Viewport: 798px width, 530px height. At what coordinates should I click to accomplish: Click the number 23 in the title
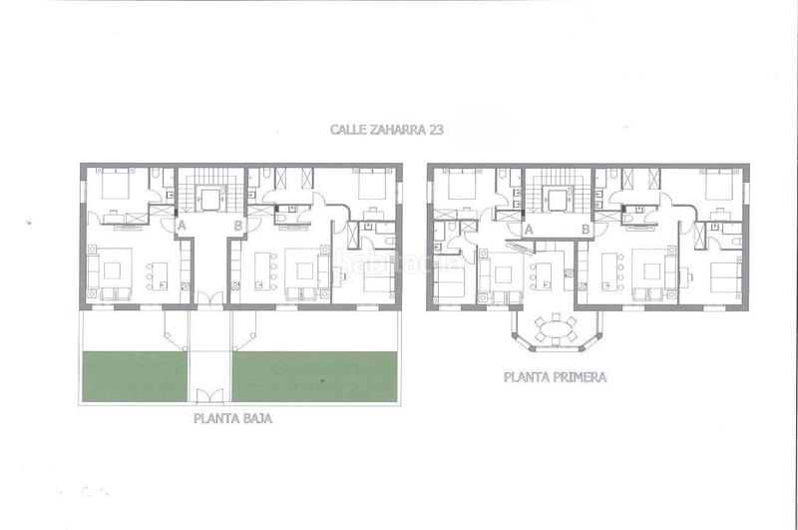434,129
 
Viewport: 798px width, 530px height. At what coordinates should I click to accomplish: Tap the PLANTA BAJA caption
233,419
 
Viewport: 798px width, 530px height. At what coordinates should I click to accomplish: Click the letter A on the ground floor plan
182,227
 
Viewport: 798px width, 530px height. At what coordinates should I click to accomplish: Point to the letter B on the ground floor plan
237,227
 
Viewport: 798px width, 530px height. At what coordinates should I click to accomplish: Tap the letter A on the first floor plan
528,229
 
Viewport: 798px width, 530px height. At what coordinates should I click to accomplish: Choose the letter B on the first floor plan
586,229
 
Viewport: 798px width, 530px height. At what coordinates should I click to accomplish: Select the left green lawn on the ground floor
133,376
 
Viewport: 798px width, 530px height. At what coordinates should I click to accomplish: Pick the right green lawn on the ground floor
315,376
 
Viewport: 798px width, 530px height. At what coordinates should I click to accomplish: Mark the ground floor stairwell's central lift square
209,199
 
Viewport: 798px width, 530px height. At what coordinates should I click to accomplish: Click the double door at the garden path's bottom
208,396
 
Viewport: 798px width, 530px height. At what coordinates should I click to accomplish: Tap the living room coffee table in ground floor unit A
113,267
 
